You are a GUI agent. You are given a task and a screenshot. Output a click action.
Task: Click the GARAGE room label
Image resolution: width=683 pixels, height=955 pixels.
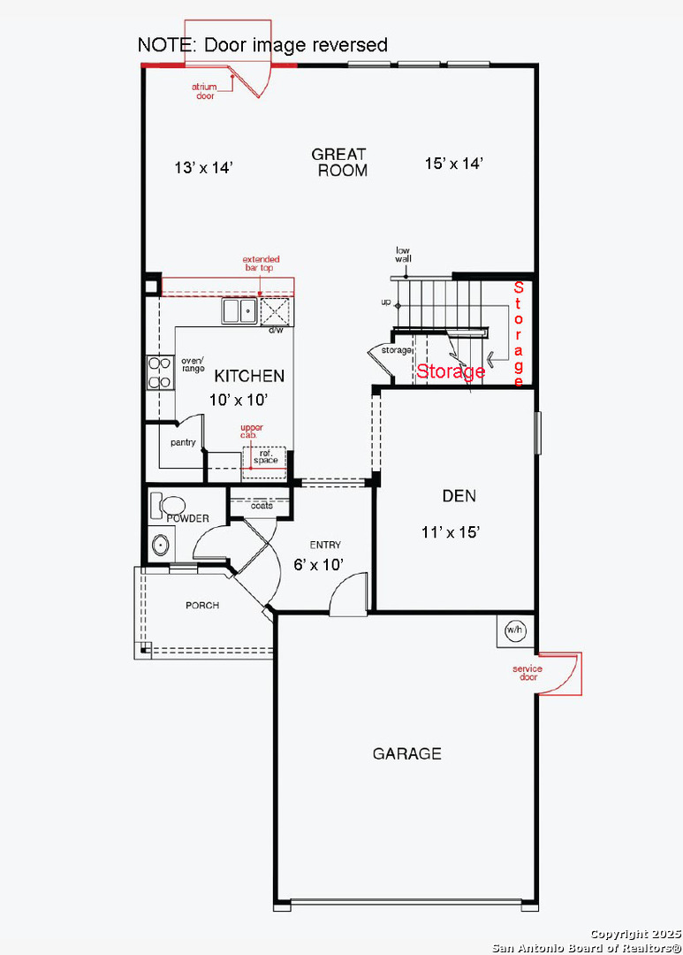tap(406, 753)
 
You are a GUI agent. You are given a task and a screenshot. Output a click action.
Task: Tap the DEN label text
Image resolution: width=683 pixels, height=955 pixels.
tap(459, 496)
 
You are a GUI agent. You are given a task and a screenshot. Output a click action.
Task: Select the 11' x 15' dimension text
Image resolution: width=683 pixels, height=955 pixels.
tap(451, 532)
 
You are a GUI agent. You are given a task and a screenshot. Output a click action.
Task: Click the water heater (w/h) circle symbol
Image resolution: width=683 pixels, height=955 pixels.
tap(515, 630)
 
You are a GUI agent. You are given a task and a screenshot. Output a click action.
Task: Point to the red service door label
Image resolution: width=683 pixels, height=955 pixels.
tap(527, 672)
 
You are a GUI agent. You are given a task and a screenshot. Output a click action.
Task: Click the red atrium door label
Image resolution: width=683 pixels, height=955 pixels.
tap(204, 91)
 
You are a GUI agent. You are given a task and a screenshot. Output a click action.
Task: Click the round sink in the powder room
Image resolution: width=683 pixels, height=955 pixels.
tap(161, 545)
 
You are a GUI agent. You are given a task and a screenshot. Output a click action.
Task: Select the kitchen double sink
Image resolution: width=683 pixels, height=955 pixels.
tap(239, 310)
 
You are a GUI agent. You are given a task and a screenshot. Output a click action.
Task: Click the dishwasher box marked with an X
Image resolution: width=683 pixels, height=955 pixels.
tap(275, 312)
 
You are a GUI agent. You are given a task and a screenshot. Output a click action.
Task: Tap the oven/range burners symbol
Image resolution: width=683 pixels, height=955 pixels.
tap(160, 373)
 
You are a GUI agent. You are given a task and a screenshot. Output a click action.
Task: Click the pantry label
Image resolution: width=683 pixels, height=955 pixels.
tap(183, 443)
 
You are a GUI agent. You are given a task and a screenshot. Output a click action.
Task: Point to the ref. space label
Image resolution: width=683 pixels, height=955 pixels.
tap(265, 457)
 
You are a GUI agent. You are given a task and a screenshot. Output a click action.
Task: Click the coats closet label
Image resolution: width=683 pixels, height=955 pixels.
tap(262, 506)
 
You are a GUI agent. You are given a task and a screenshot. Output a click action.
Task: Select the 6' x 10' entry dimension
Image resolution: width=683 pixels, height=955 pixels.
tap(318, 564)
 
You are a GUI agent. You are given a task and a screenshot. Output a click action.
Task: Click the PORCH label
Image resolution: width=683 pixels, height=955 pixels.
tap(202, 606)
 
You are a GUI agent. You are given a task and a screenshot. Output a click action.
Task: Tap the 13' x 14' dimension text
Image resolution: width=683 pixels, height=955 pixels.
tap(204, 167)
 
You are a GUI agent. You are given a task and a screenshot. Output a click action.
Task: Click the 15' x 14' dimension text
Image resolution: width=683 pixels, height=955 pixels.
tap(454, 164)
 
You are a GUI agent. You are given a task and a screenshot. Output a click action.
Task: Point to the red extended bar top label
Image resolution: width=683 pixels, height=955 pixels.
tap(262, 264)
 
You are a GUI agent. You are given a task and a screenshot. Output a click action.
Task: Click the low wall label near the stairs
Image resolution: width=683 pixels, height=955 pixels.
tap(403, 254)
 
